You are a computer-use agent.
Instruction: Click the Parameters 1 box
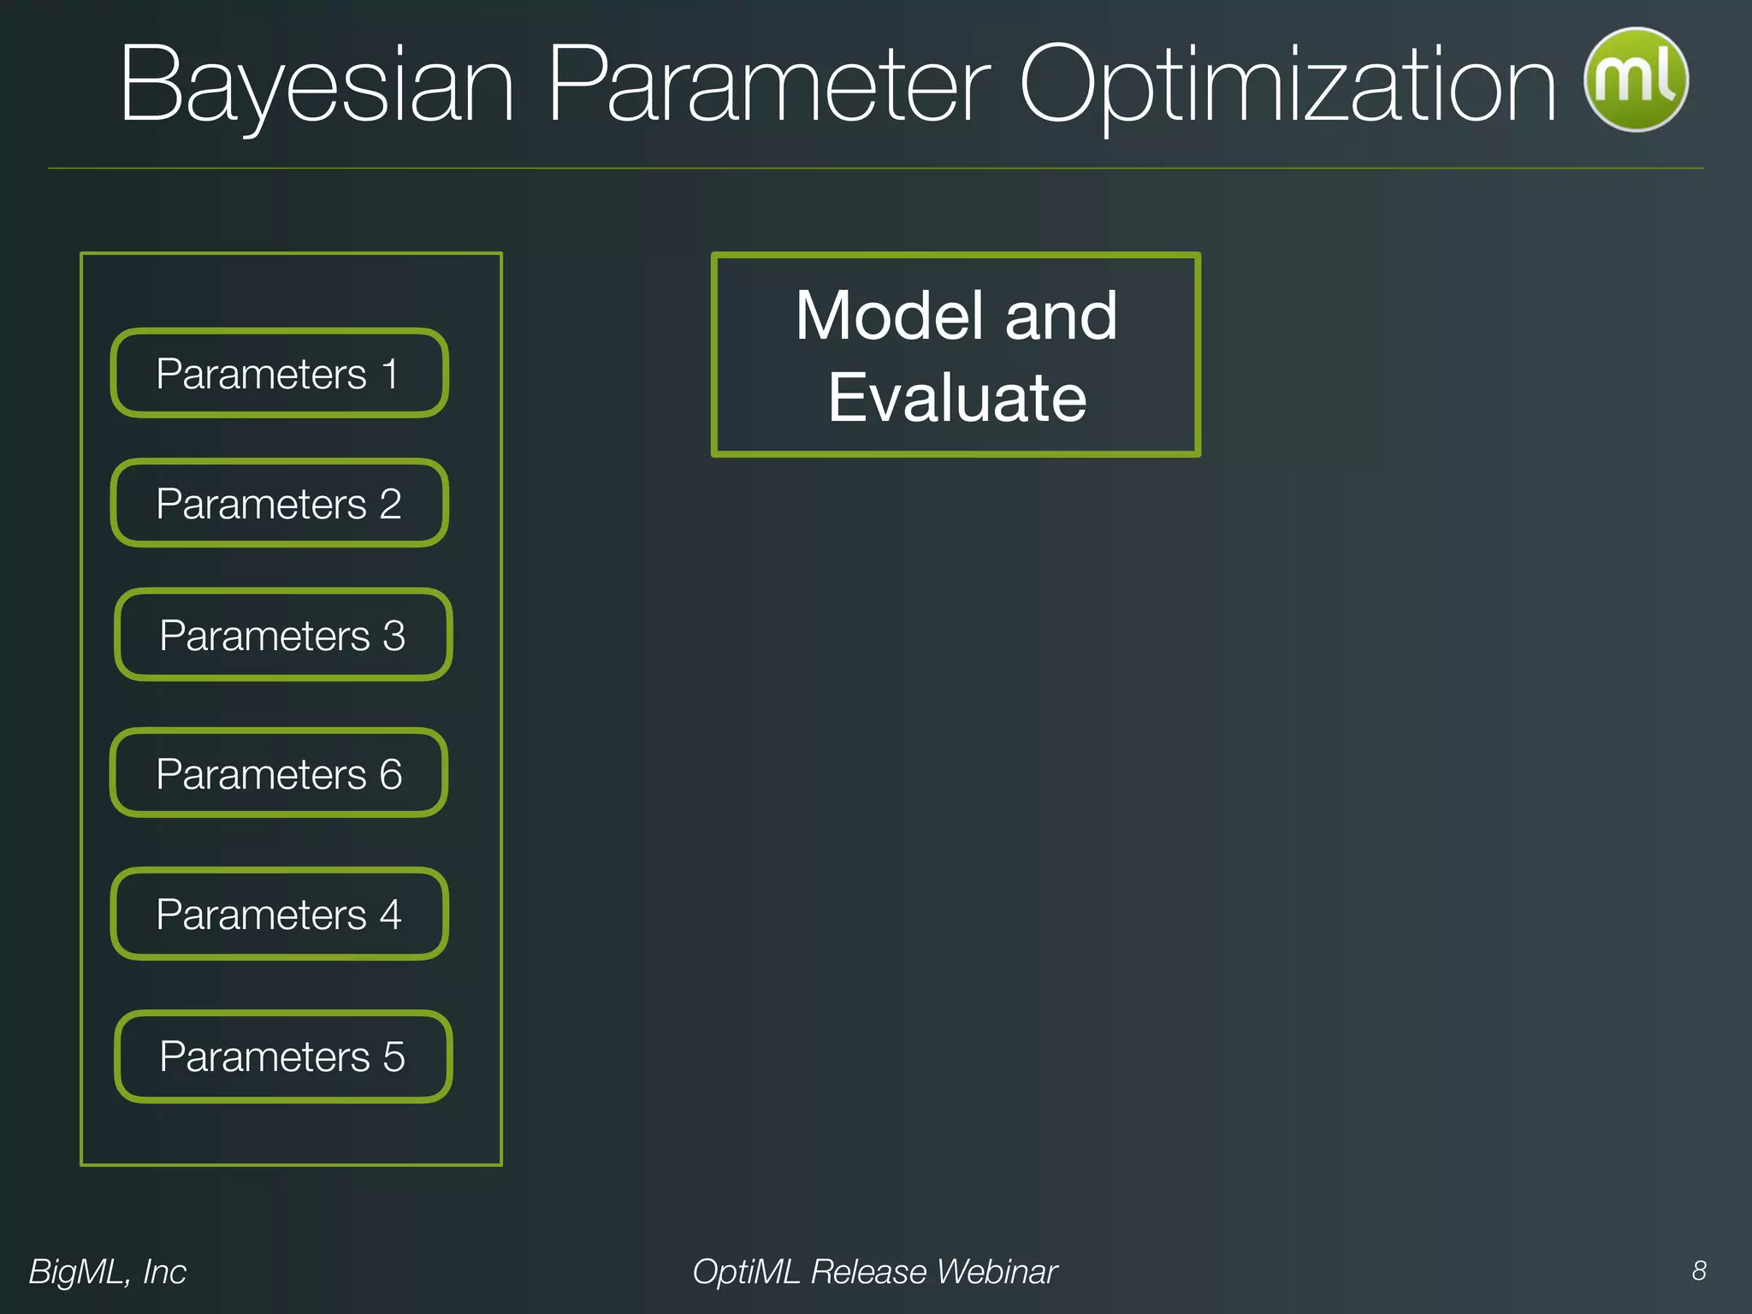[x=279, y=374]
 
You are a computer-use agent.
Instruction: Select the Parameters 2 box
[x=279, y=504]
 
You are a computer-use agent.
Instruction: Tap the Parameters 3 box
[x=282, y=635]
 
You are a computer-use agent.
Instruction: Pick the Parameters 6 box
[x=279, y=773]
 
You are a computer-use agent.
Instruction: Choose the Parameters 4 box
[x=279, y=914]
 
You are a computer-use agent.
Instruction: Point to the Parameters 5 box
[x=282, y=1057]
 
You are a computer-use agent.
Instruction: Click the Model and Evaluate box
[x=956, y=355]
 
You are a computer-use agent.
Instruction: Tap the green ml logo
[x=1636, y=80]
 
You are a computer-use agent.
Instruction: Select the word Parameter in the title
[x=767, y=86]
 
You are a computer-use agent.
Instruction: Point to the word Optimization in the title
[x=1287, y=86]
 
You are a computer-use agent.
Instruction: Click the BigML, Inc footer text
[x=107, y=1271]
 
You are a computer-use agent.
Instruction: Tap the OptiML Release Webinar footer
[x=874, y=1271]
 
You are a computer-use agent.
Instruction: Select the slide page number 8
[x=1699, y=1270]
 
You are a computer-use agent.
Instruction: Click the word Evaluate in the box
[x=956, y=398]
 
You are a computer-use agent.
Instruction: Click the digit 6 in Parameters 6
[x=391, y=774]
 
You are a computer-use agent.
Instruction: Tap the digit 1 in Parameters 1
[x=390, y=375]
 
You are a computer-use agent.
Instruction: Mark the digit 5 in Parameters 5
[x=394, y=1057]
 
